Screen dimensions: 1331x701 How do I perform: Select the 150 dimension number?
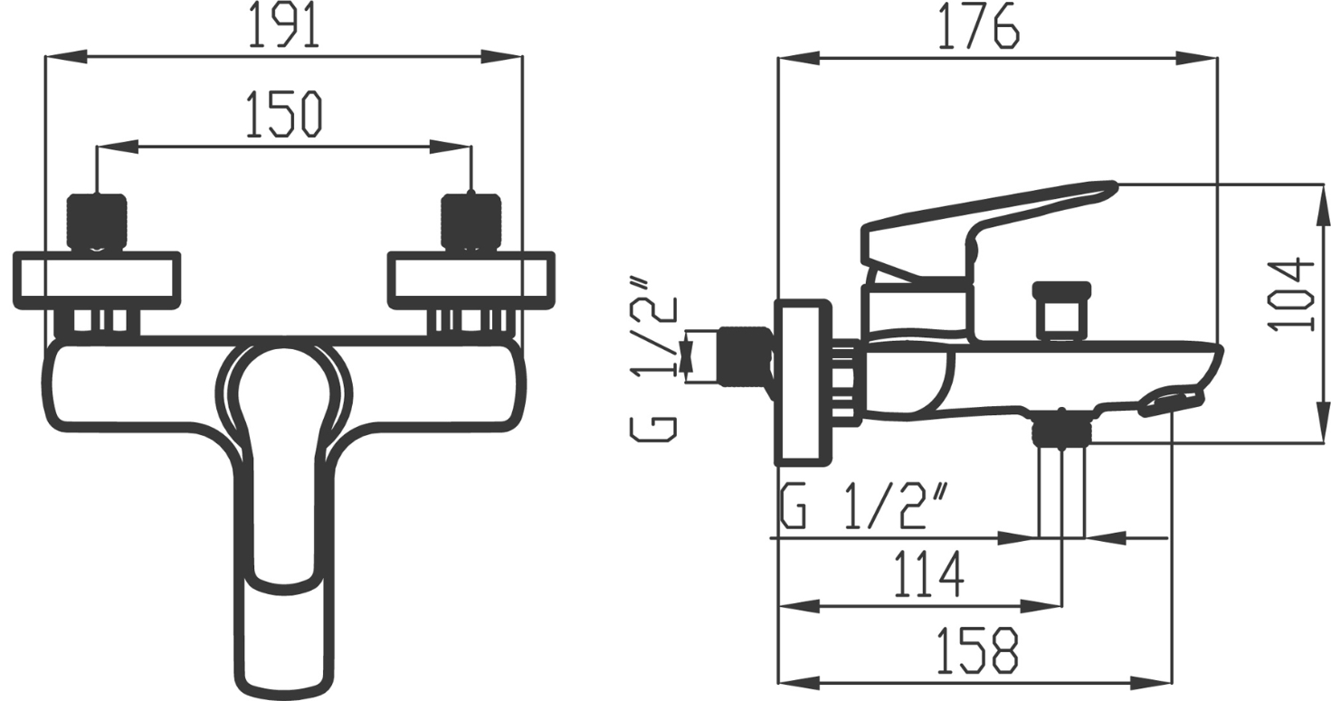tap(283, 115)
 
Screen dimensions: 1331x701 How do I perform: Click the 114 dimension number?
tap(928, 574)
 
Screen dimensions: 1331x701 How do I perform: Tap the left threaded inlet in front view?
tap(96, 221)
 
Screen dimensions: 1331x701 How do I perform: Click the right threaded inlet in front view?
tap(471, 221)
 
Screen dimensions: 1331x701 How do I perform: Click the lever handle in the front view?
tap(280, 507)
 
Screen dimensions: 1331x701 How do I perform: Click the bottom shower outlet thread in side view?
tap(1061, 429)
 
